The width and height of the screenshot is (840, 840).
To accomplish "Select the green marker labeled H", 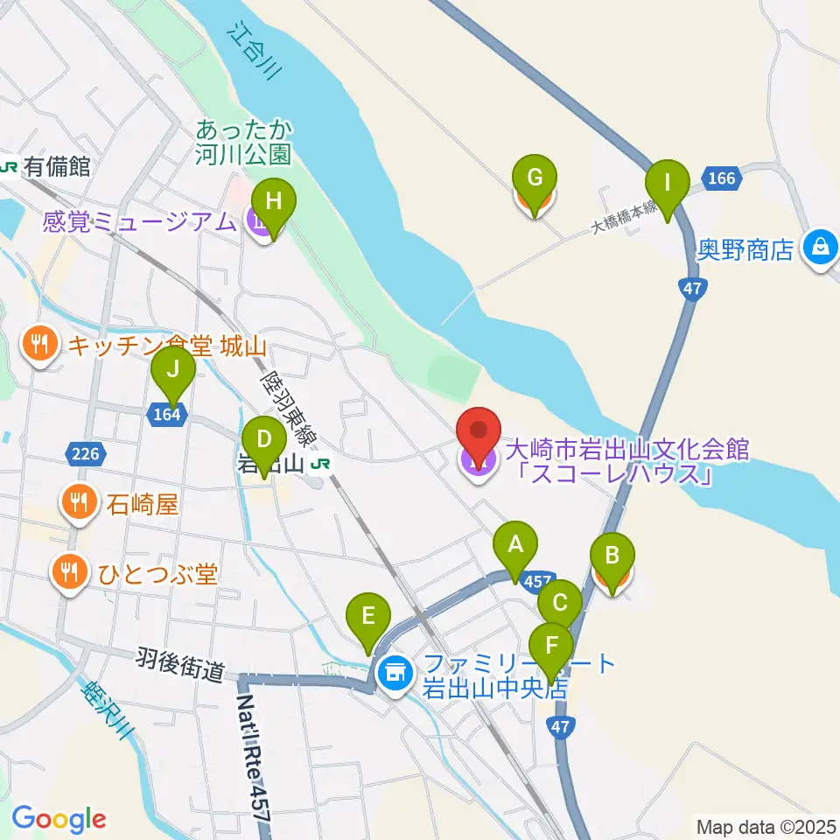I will [x=274, y=201].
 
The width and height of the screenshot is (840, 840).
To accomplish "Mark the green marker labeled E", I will [x=368, y=616].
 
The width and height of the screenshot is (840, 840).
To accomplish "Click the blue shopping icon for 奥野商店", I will [x=820, y=248].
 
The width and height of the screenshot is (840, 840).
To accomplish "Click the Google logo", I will [x=59, y=820].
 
